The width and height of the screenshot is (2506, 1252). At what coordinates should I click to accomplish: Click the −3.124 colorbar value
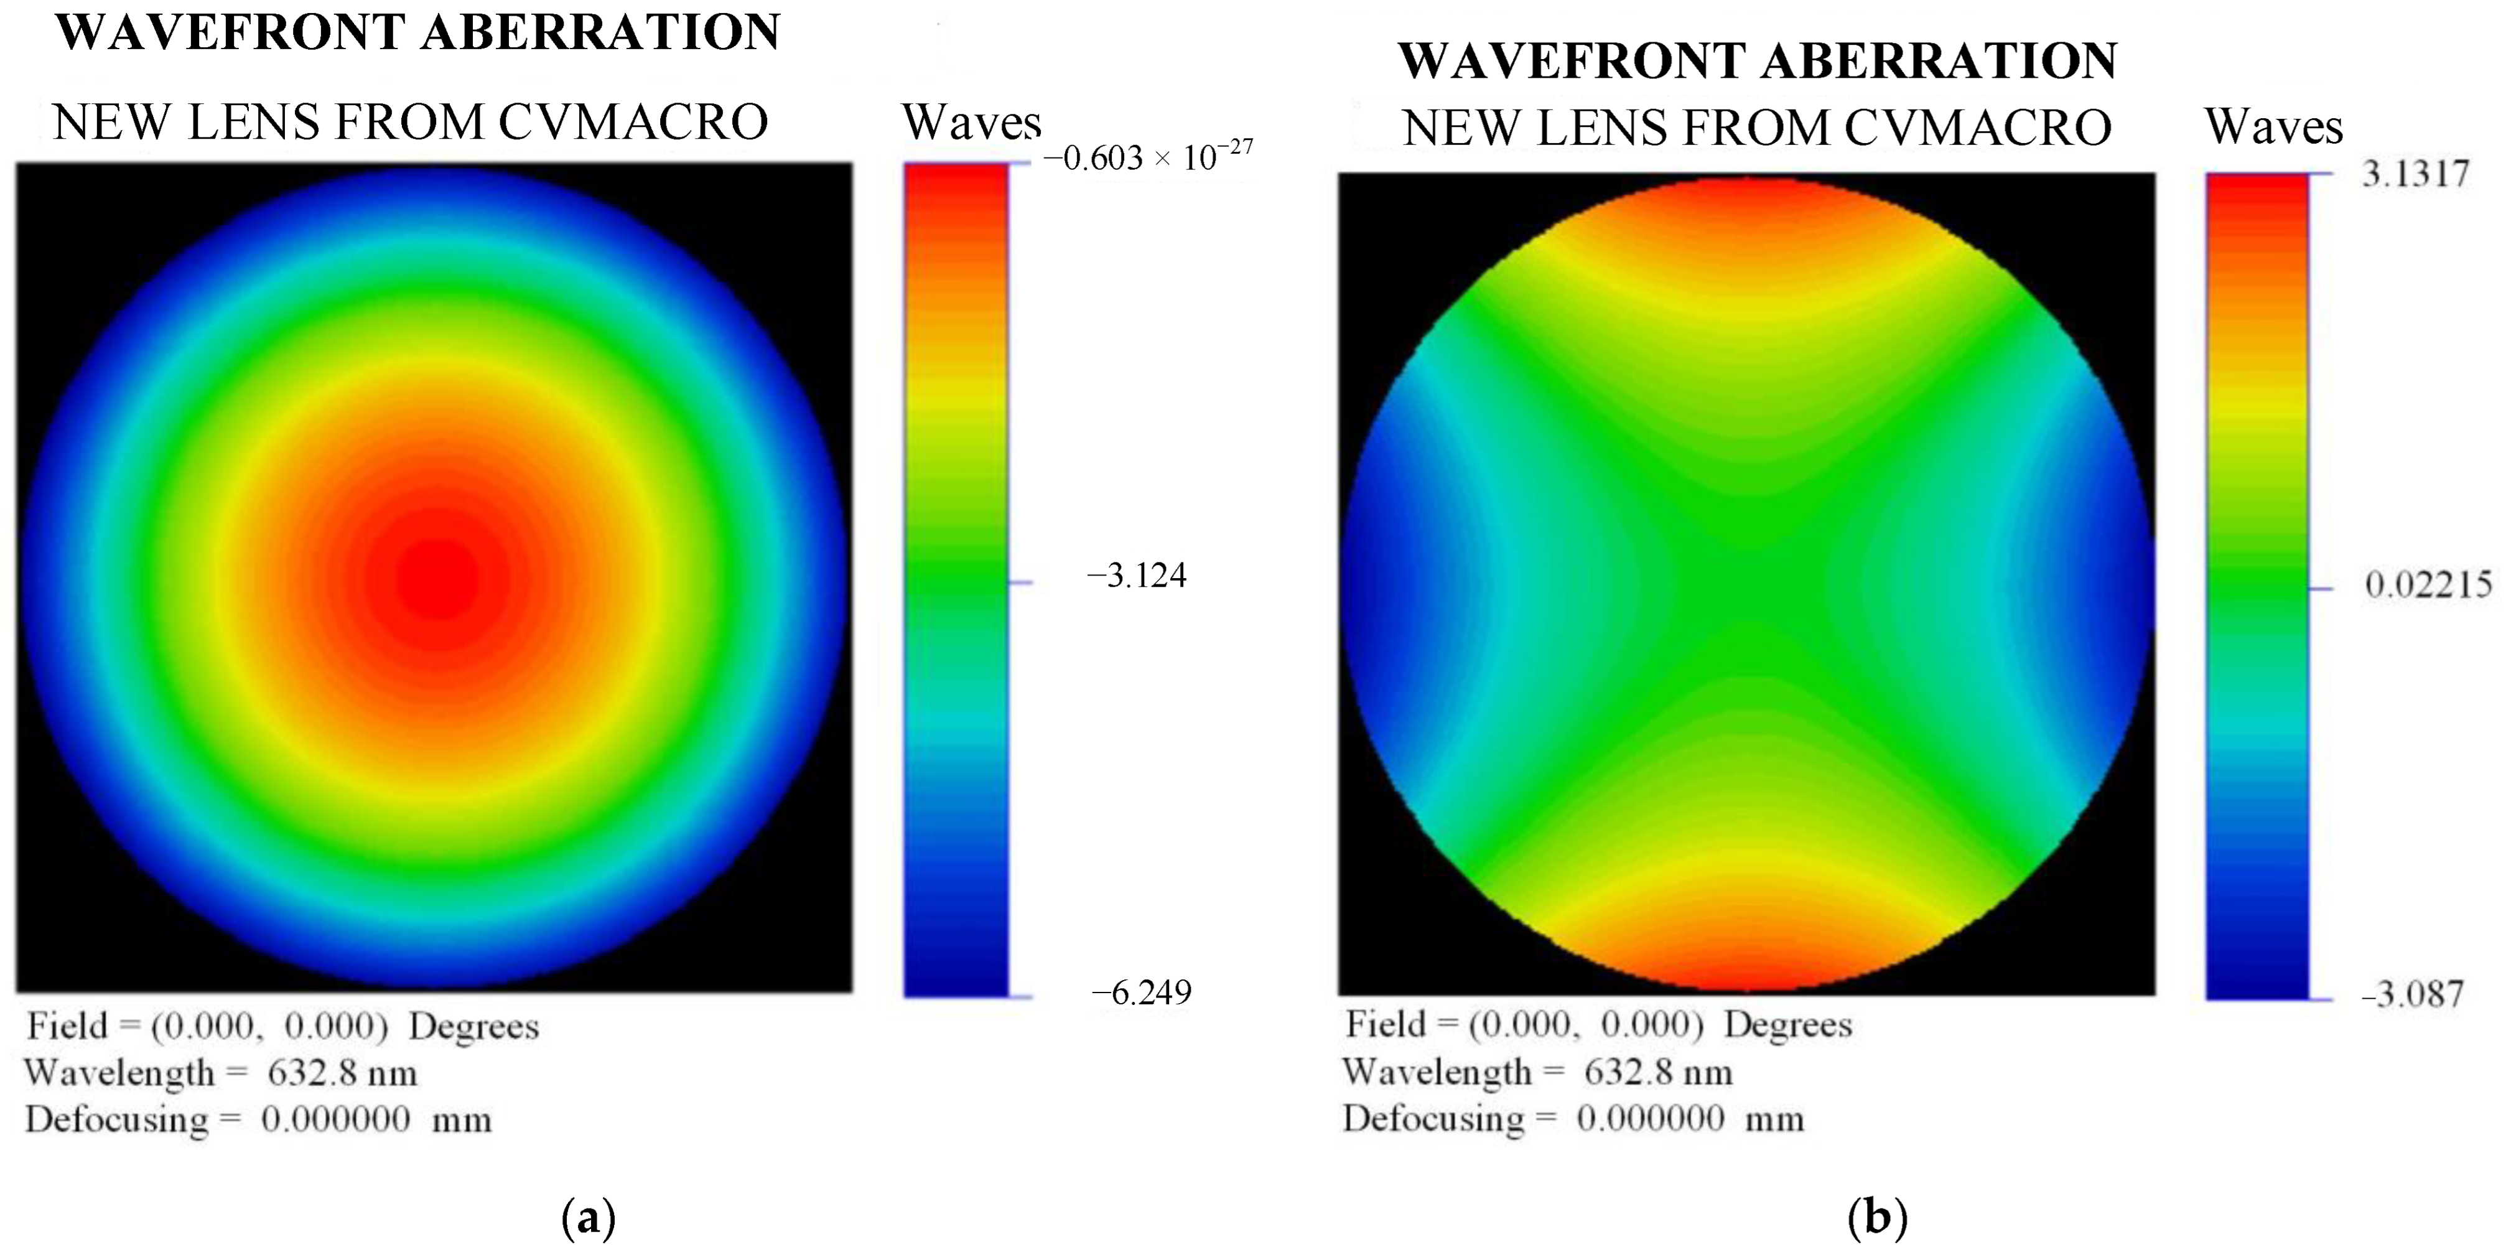(x=1136, y=576)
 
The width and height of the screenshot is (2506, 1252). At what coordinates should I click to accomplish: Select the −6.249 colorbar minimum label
(x=1141, y=993)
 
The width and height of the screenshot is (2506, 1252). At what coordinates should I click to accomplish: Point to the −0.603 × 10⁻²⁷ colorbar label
(x=1147, y=156)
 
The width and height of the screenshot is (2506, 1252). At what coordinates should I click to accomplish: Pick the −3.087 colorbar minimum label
(x=2413, y=994)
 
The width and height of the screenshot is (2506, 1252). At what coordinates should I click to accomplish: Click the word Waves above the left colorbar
(x=971, y=123)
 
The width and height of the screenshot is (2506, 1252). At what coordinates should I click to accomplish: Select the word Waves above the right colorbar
(x=2273, y=126)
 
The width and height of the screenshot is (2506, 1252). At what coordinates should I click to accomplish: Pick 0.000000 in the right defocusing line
(x=1651, y=1119)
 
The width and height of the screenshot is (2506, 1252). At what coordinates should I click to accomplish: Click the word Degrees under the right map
(x=1788, y=1024)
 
